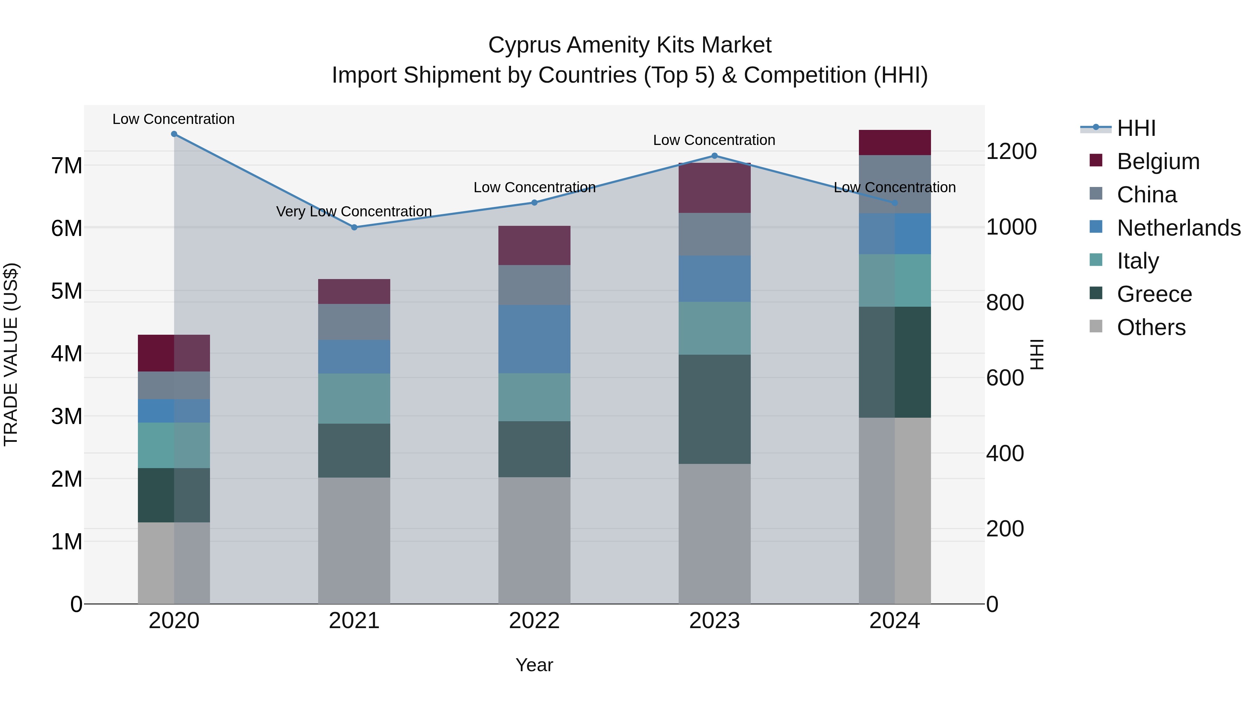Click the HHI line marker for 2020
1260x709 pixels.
(174, 134)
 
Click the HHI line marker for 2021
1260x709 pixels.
(354, 227)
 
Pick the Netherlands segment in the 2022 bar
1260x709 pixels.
(534, 339)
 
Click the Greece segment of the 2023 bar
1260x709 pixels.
(714, 409)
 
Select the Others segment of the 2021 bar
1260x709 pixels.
(354, 540)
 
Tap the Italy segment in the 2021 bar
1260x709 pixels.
(354, 398)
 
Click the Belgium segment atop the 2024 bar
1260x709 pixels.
(895, 143)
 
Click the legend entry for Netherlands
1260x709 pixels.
(1178, 228)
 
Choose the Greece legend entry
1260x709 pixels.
(1154, 294)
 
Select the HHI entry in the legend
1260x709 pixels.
(1136, 128)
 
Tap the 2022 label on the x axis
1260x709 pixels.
(534, 621)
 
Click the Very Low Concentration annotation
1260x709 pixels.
(354, 211)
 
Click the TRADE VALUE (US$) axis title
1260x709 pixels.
(11, 354)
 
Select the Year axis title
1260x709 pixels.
(534, 665)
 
